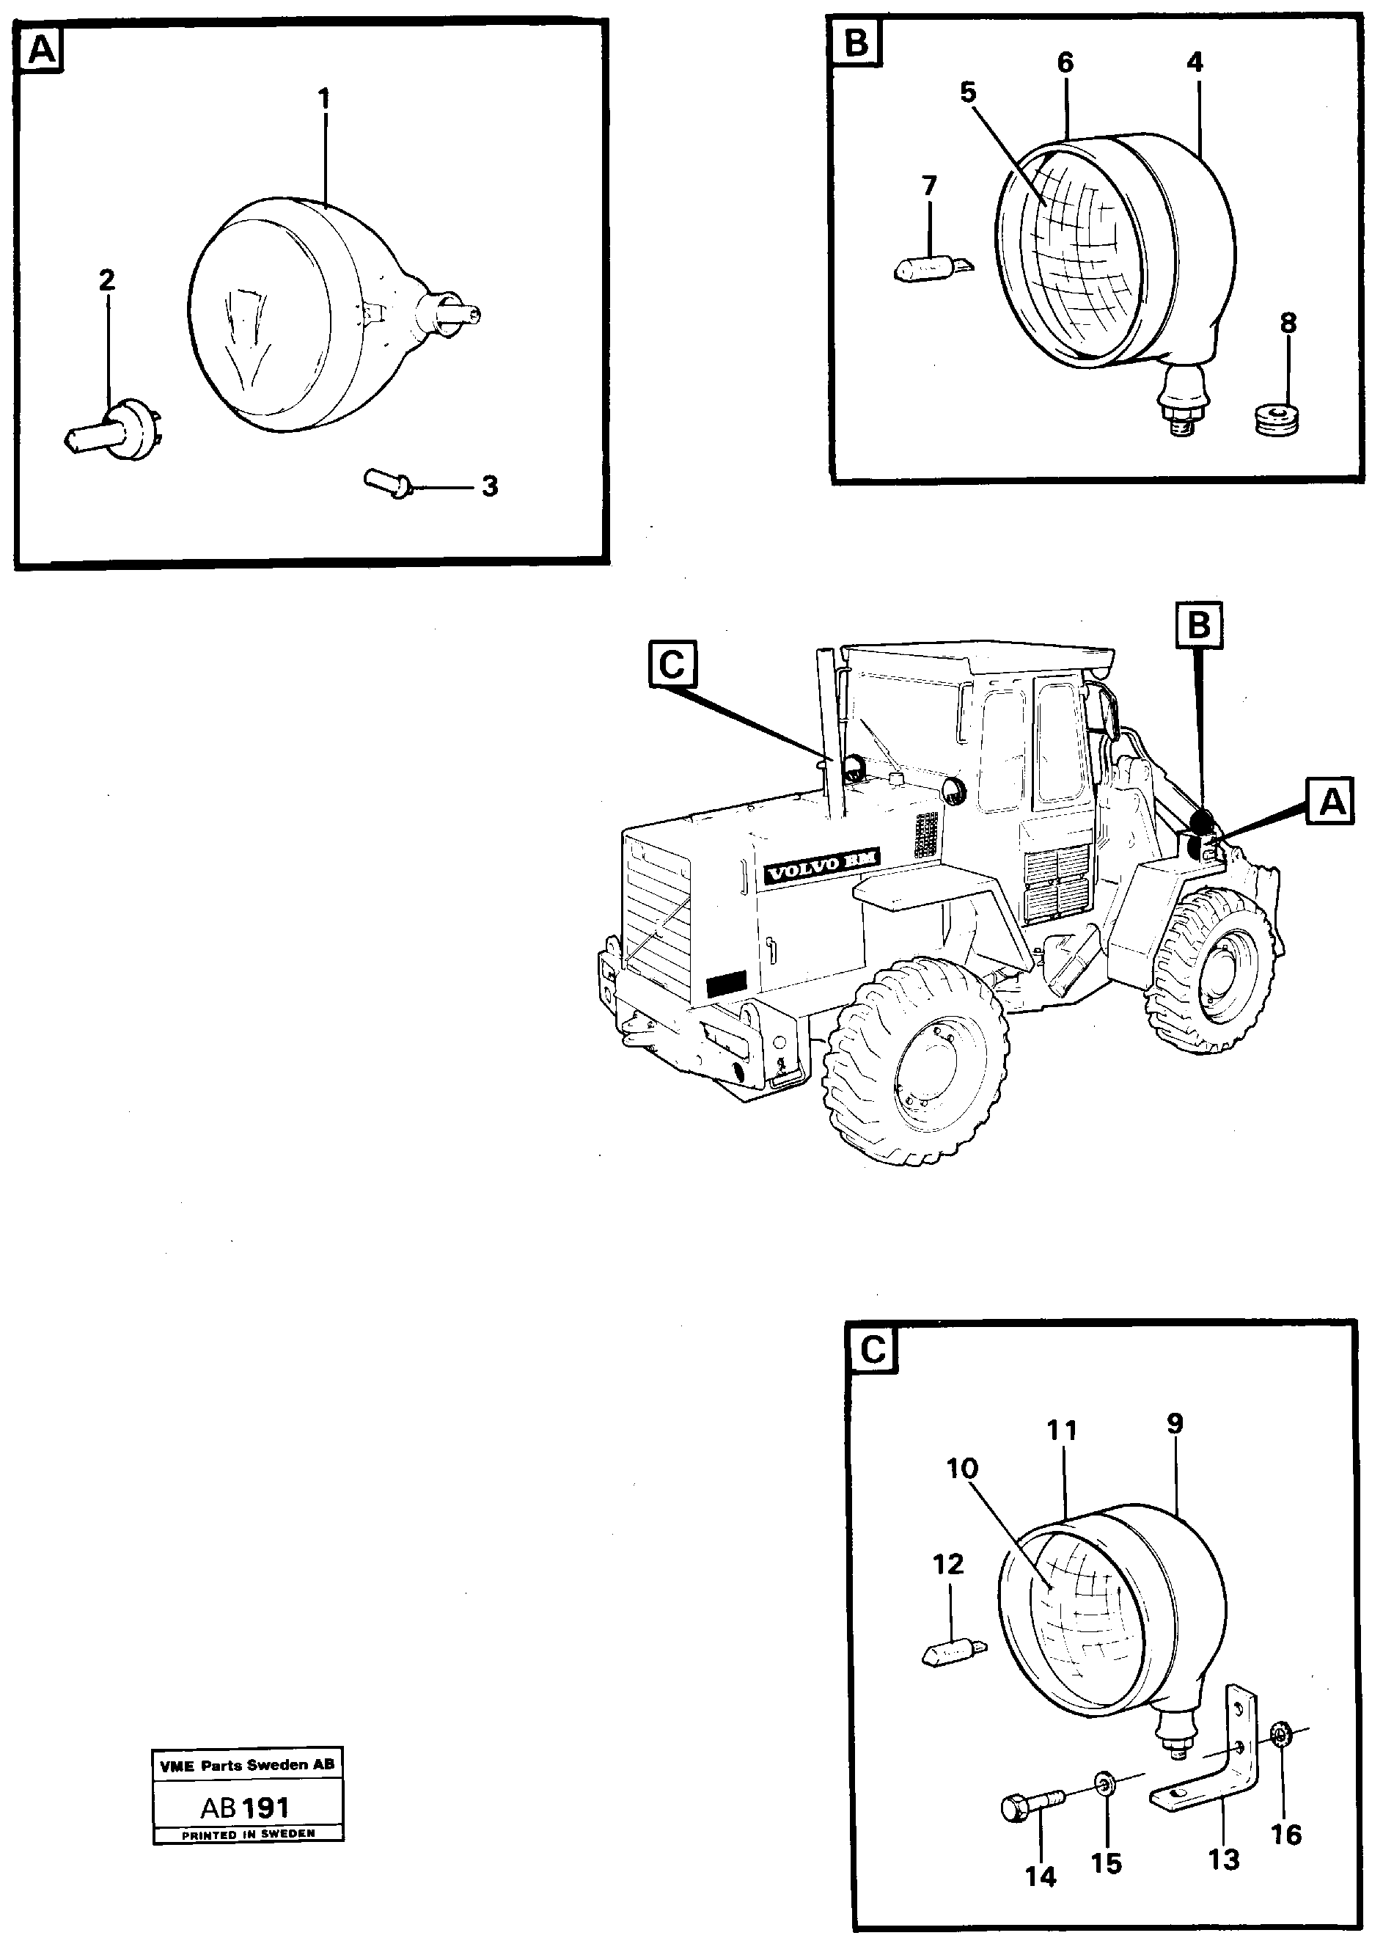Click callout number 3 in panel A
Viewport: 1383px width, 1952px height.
coord(490,486)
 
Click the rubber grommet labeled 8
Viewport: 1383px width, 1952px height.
coord(1277,419)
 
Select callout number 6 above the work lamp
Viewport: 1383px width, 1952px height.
coord(1065,62)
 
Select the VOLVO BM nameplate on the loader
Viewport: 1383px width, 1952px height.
coord(822,871)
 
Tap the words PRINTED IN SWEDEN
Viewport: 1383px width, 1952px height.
coord(248,1834)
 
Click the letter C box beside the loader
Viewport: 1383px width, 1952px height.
coord(672,665)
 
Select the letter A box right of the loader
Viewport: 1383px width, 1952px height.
coord(1332,800)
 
